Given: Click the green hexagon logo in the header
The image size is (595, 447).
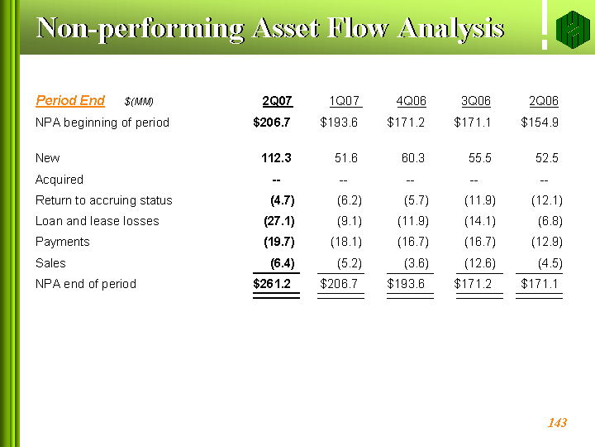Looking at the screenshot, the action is pyautogui.click(x=573, y=29).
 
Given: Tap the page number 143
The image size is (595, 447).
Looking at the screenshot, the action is pyautogui.click(x=557, y=422).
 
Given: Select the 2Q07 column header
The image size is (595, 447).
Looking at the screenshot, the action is pyautogui.click(x=277, y=101).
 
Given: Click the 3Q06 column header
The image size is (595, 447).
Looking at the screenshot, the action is pyautogui.click(x=476, y=101).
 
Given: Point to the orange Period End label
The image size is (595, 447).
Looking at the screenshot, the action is pyautogui.click(x=70, y=100).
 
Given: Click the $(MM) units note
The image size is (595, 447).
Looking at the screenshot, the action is pyautogui.click(x=139, y=102).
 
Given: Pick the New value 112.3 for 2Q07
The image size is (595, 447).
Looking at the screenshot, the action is pyautogui.click(x=276, y=158).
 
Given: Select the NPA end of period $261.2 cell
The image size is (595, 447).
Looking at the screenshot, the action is pyautogui.click(x=272, y=284).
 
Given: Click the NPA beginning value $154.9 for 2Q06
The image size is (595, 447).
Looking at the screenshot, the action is pyautogui.click(x=539, y=123).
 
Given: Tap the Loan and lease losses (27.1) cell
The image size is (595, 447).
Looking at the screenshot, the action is pyautogui.click(x=279, y=221).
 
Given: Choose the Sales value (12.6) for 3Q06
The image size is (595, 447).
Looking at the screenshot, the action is pyautogui.click(x=479, y=263).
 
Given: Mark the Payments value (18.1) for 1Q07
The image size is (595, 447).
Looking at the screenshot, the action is pyautogui.click(x=346, y=242).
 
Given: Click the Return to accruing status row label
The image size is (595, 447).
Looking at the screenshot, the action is pyautogui.click(x=103, y=200).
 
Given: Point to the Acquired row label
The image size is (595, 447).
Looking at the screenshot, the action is pyautogui.click(x=59, y=180).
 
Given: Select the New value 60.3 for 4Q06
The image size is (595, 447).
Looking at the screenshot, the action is pyautogui.click(x=413, y=158).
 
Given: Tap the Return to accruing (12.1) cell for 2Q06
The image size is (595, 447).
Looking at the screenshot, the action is pyautogui.click(x=547, y=200).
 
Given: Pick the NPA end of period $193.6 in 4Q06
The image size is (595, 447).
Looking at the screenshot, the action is pyautogui.click(x=406, y=284).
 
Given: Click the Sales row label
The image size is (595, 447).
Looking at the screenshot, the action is pyautogui.click(x=50, y=263).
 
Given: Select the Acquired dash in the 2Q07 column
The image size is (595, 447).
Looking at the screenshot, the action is pyautogui.click(x=276, y=180).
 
